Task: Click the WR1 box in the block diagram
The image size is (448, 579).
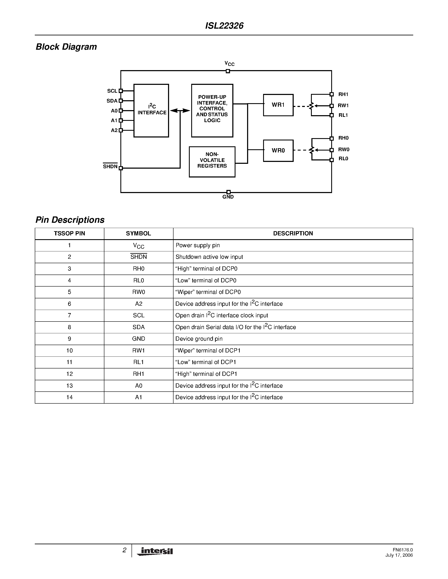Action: (278, 105)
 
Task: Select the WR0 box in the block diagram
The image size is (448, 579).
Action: (278, 151)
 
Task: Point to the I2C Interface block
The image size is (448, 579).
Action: (151, 111)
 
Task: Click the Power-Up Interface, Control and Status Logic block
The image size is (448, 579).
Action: (212, 111)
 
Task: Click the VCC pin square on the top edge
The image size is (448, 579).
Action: (228, 71)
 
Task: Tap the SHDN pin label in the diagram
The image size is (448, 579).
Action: (110, 167)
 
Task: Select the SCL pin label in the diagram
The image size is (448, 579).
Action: (112, 91)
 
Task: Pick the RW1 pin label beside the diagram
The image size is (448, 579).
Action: (343, 105)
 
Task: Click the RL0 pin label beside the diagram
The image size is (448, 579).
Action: (343, 159)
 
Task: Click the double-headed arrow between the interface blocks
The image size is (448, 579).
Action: (180, 111)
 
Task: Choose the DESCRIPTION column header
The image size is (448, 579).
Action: (293, 233)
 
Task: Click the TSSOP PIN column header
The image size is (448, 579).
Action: (70, 233)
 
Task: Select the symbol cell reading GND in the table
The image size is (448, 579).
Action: (139, 339)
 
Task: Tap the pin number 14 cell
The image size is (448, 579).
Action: (70, 397)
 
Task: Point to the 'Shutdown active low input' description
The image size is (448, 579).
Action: (209, 257)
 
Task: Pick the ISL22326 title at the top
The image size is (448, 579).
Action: (224, 26)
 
